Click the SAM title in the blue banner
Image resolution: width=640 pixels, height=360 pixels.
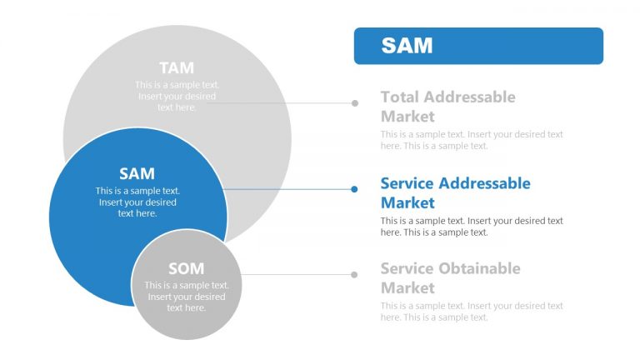point(407,45)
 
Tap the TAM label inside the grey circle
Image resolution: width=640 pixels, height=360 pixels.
point(176,67)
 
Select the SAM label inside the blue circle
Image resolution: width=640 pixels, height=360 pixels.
point(137,173)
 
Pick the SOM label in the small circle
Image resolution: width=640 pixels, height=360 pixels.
point(186,268)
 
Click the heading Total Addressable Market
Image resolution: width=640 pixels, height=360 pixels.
point(447,107)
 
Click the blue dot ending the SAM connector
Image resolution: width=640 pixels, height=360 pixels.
point(354,189)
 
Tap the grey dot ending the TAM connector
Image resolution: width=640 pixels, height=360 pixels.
point(355,103)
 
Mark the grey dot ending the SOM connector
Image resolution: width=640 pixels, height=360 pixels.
point(355,274)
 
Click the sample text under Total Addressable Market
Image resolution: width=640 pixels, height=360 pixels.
point(472,140)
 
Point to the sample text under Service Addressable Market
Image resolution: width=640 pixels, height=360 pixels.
point(472,227)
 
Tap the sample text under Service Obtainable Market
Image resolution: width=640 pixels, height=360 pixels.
point(472,312)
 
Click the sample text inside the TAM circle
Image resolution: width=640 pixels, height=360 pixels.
point(177,96)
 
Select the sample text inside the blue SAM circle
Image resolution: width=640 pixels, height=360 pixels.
point(137,202)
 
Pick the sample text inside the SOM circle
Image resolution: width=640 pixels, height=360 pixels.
point(186,297)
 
